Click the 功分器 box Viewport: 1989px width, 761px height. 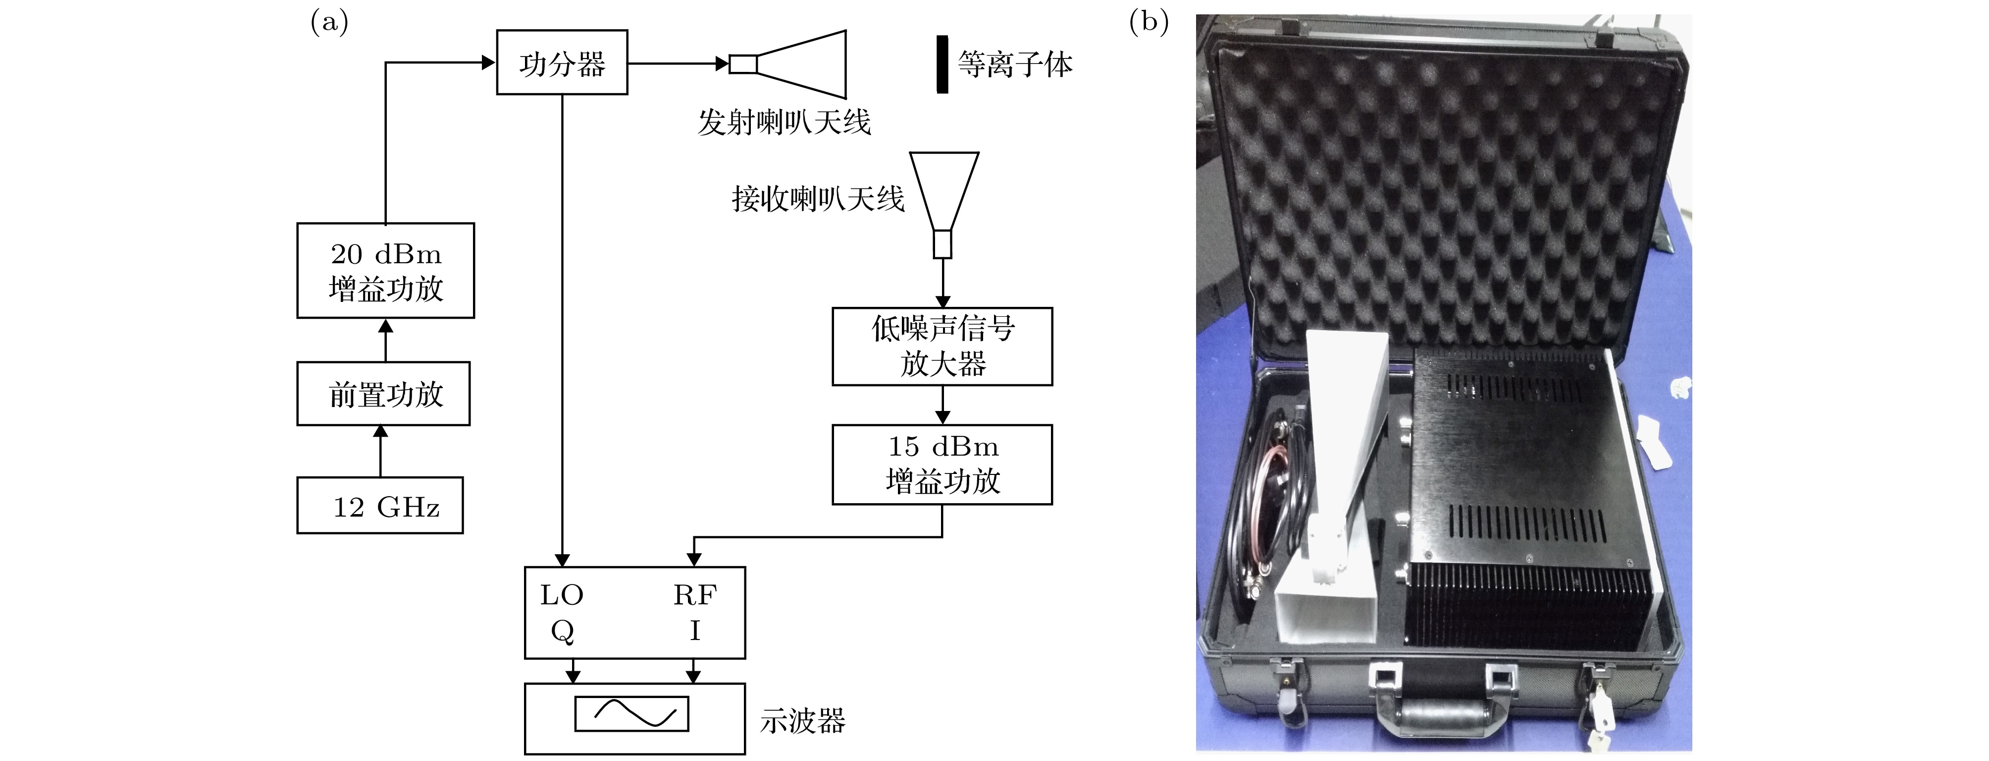561,62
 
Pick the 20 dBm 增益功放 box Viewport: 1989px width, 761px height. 385,270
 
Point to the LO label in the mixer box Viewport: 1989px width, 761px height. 561,595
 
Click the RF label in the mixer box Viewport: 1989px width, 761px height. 694,595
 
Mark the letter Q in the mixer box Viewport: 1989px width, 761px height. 561,631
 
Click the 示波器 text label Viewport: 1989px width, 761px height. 802,721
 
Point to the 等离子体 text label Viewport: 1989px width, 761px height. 1015,64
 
